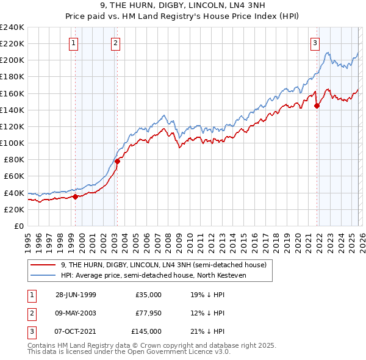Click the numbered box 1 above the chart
pyautogui.click(x=73, y=43)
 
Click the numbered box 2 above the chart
pyautogui.click(x=115, y=43)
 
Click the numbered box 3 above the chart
pyautogui.click(x=315, y=43)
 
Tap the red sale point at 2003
pyautogui.click(x=117, y=161)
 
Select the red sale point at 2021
pyautogui.click(x=317, y=106)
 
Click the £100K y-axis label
pyautogui.click(x=12, y=143)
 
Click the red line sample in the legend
pyautogui.click(x=43, y=265)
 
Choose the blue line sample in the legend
pyautogui.click(x=43, y=276)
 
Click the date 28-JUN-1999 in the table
pyautogui.click(x=76, y=295)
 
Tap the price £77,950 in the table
pyautogui.click(x=148, y=313)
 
